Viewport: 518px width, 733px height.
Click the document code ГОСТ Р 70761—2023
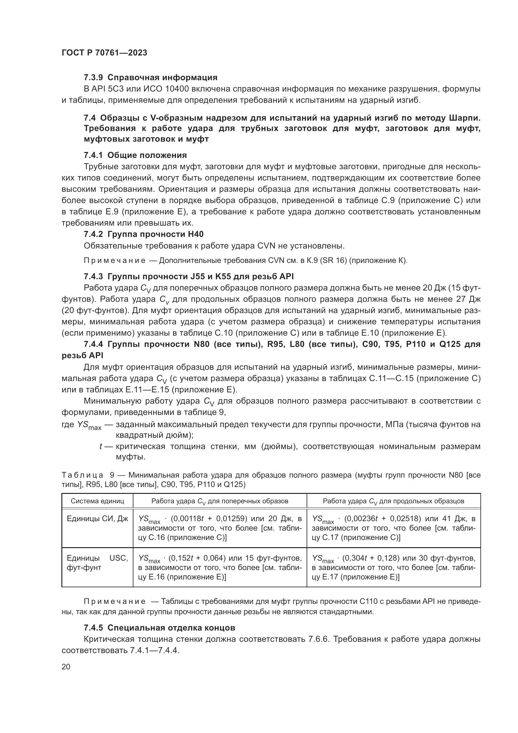(104, 53)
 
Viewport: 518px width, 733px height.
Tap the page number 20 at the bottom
(66, 667)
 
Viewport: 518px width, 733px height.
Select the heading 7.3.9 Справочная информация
(151, 78)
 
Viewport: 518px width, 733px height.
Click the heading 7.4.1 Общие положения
(135, 155)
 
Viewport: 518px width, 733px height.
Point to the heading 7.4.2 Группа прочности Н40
(143, 234)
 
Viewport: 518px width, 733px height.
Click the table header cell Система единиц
(97, 501)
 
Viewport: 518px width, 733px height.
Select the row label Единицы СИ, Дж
(97, 519)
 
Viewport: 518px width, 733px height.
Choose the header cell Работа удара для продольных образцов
(393, 501)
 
